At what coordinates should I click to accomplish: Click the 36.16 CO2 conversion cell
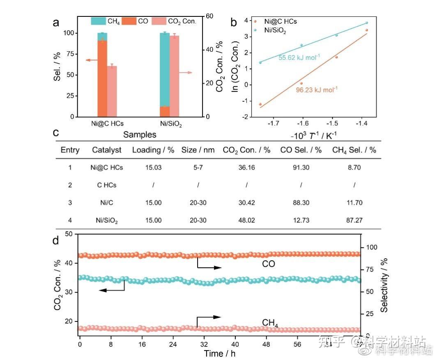pyautogui.click(x=246, y=167)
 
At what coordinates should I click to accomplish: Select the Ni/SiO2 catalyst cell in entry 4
pyautogui.click(x=106, y=220)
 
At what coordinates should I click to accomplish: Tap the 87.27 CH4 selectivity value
pyautogui.click(x=354, y=220)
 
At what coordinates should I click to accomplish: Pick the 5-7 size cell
pyautogui.click(x=198, y=167)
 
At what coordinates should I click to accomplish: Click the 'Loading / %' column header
pyautogui.click(x=153, y=150)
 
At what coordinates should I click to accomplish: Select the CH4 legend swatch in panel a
pyautogui.click(x=98, y=21)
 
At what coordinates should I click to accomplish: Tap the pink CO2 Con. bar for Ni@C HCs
pyautogui.click(x=112, y=91)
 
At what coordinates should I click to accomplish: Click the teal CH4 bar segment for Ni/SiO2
pyautogui.click(x=164, y=70)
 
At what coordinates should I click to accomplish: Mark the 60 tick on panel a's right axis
pyautogui.click(x=210, y=16)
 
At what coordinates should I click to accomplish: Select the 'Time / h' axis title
pyautogui.click(x=220, y=353)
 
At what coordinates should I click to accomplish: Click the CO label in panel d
pyautogui.click(x=269, y=264)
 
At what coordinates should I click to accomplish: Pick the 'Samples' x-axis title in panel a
pyautogui.click(x=140, y=134)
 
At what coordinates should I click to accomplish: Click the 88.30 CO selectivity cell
pyautogui.click(x=301, y=203)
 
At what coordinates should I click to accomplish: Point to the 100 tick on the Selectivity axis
pyautogui.click(x=371, y=247)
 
